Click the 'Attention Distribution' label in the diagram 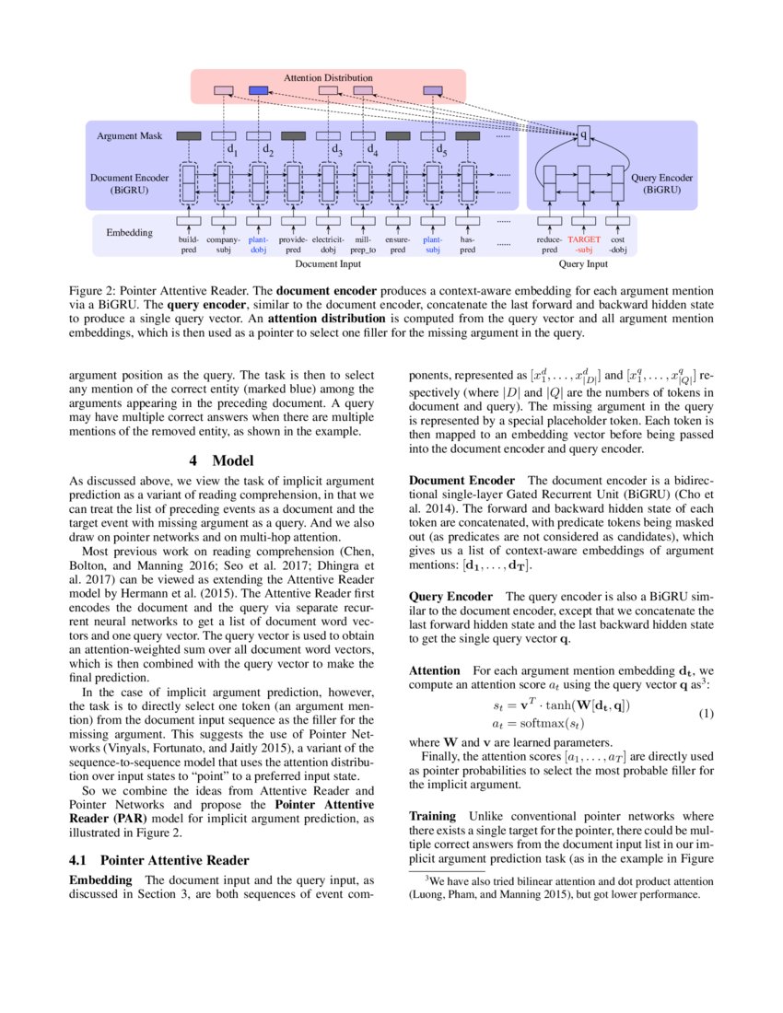(x=328, y=78)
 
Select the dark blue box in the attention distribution (x=259, y=90)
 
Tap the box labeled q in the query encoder (x=583, y=136)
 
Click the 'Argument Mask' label (x=130, y=135)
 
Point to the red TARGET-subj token (x=584, y=244)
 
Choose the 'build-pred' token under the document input (x=188, y=244)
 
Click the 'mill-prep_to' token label (x=363, y=244)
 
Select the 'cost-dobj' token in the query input (x=618, y=244)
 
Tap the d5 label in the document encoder (x=441, y=150)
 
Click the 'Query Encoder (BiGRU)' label (x=662, y=182)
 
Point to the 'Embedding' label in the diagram (x=130, y=232)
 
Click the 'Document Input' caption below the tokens (x=328, y=264)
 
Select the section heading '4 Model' (x=221, y=460)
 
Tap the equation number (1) (x=705, y=714)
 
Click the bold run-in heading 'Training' (x=432, y=816)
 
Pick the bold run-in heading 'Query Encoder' (x=450, y=596)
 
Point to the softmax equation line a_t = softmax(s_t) (x=539, y=724)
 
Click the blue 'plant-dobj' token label (x=258, y=244)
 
